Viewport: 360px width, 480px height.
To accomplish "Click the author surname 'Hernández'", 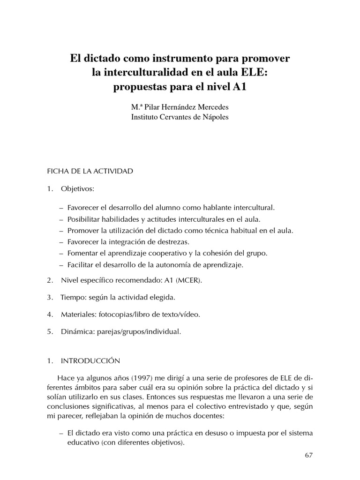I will [x=183, y=107].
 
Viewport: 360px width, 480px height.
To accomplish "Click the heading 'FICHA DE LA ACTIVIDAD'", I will [x=90, y=171].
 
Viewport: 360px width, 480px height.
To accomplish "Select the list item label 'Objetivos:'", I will [x=77, y=189].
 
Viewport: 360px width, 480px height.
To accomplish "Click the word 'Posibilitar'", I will [x=84, y=219].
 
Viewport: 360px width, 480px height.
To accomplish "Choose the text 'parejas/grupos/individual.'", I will [x=139, y=331].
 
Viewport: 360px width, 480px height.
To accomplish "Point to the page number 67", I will [x=308, y=455].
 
